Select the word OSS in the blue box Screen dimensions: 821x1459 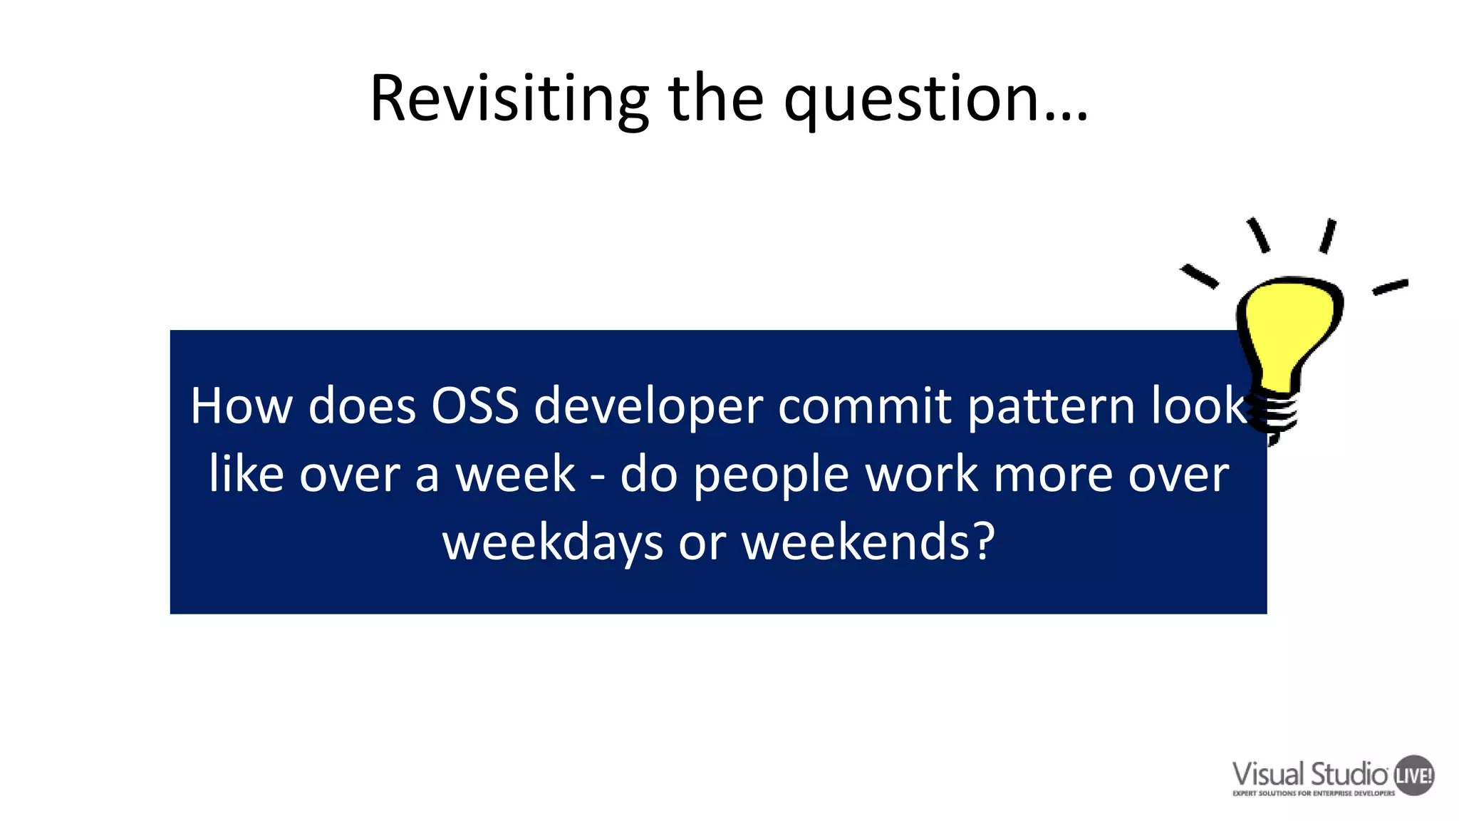click(474, 406)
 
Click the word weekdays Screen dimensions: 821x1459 click(553, 543)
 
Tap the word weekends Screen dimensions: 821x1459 click(855, 543)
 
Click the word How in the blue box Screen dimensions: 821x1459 click(241, 406)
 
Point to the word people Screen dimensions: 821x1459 click(772, 476)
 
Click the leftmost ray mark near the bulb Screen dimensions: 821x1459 click(1199, 277)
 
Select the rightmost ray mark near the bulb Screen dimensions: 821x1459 click(1390, 286)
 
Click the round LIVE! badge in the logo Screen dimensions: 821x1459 click(1413, 775)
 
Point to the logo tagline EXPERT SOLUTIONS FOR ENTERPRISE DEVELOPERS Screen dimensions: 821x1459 click(1314, 793)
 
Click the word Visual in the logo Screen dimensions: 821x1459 click(1269, 774)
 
